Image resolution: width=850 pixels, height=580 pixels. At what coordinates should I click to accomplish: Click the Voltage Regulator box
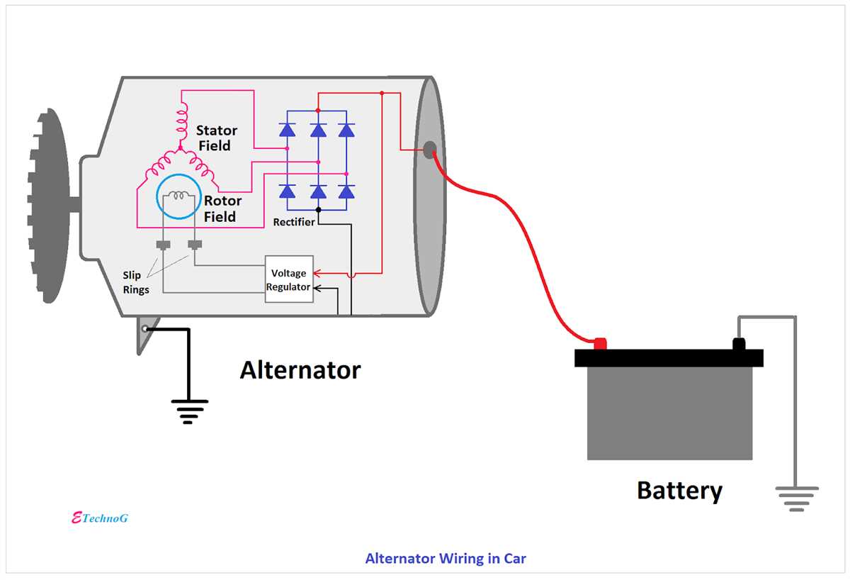pos(288,279)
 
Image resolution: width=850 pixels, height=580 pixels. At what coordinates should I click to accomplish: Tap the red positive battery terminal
pos(600,344)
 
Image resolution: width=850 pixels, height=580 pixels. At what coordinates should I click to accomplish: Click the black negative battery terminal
pos(739,345)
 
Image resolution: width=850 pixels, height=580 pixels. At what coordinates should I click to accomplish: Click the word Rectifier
pos(294,223)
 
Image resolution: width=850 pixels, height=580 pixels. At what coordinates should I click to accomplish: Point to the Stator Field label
pos(216,138)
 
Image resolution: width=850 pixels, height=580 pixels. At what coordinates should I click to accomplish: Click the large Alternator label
pos(300,370)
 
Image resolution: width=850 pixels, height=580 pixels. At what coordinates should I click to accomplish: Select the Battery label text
pos(679,491)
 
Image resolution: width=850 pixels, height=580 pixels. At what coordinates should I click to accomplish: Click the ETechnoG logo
pos(100,518)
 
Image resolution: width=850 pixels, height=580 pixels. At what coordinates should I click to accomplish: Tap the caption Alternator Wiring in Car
pos(446,559)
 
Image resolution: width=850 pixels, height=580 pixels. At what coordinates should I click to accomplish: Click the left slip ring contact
pos(164,245)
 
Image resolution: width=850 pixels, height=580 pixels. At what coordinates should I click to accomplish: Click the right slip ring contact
pos(195,245)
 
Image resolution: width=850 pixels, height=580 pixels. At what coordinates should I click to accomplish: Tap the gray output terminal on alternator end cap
pos(429,149)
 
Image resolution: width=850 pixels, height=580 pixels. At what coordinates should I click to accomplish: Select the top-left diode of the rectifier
pos(287,130)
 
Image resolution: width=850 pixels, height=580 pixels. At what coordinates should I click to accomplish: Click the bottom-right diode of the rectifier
pos(346,191)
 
